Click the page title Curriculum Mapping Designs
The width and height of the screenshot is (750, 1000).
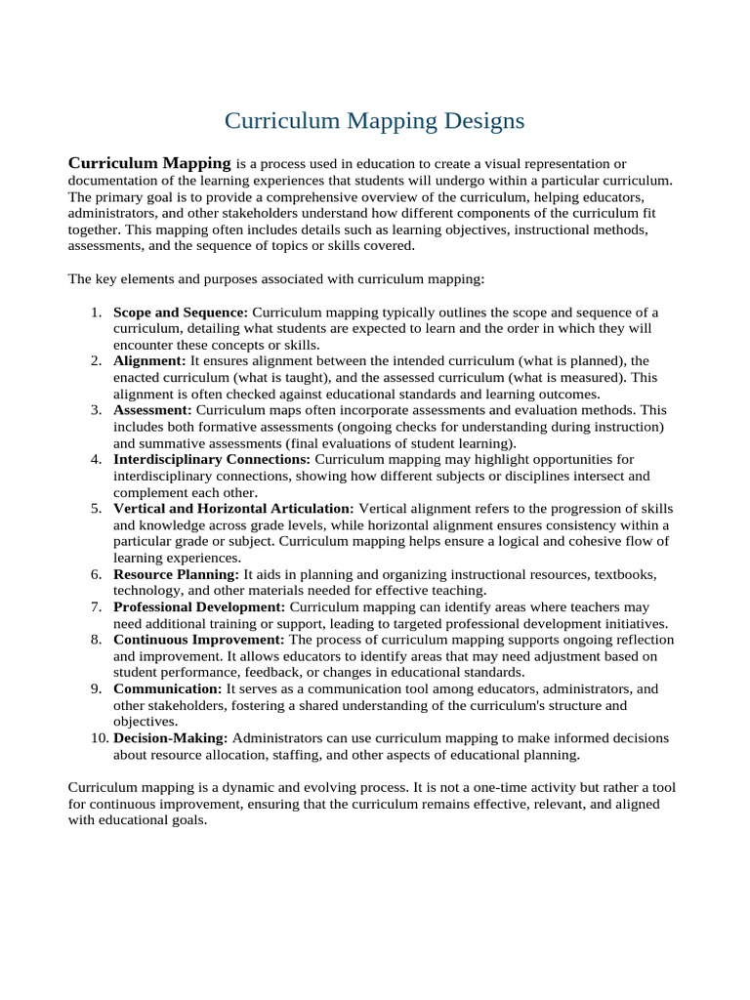point(374,120)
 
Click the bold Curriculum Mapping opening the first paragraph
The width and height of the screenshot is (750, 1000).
point(148,162)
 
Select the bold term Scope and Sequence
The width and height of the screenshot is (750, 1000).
point(180,312)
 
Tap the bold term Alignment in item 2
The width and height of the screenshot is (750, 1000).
point(149,360)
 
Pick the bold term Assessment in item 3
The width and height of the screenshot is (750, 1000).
point(153,410)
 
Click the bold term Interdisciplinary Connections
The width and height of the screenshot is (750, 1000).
point(212,459)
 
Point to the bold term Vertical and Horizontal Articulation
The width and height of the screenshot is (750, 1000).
point(233,509)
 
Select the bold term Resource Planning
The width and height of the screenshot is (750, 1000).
point(176,574)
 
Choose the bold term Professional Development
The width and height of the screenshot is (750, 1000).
point(200,606)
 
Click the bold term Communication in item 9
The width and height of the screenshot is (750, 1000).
point(167,688)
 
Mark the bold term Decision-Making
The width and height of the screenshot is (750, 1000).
point(171,738)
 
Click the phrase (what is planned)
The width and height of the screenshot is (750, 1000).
point(557,360)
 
